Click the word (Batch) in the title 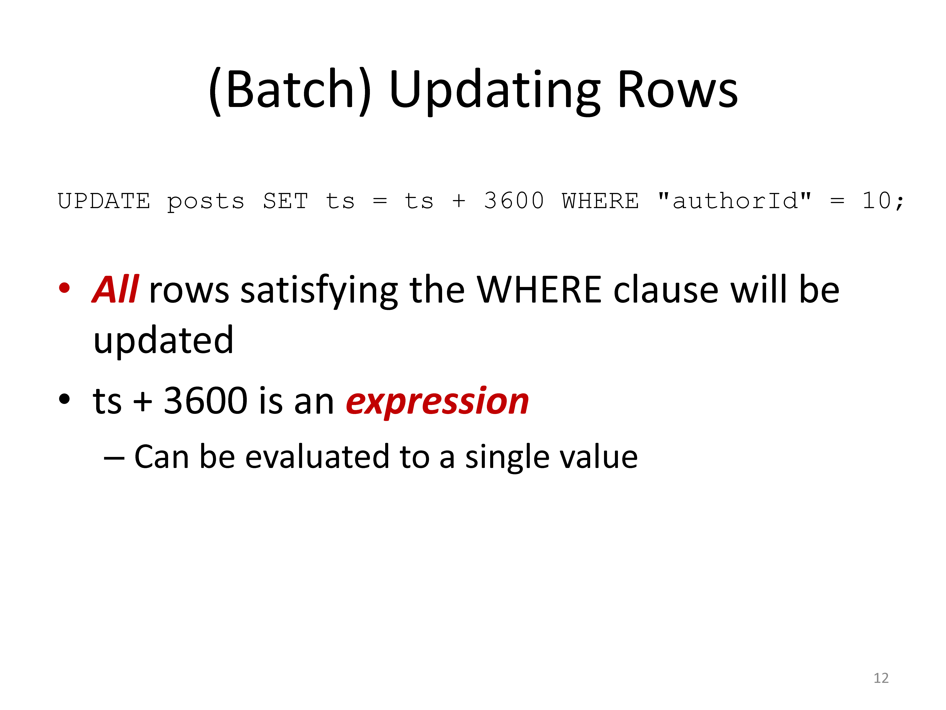coord(290,91)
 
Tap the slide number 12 coord(881,678)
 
